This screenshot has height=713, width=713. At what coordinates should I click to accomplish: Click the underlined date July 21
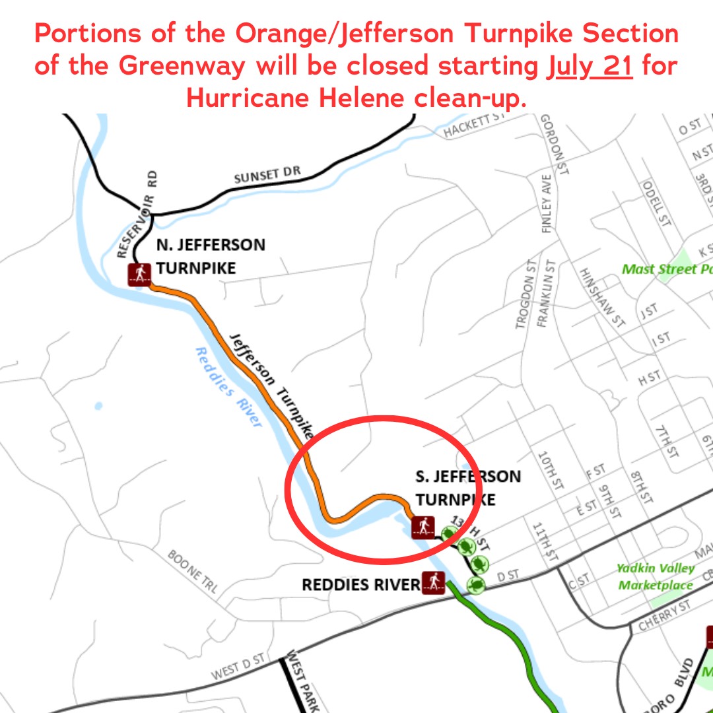(x=590, y=67)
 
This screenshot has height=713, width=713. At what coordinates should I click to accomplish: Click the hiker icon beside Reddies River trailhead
(x=433, y=583)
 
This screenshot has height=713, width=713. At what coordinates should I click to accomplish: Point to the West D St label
(x=238, y=666)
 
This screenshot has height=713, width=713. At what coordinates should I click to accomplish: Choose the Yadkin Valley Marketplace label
(x=655, y=576)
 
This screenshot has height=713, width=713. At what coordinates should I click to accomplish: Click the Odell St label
(x=656, y=203)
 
